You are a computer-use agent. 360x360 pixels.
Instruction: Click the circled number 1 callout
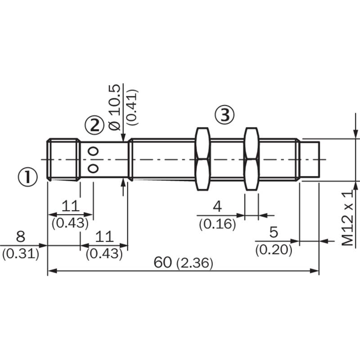pyautogui.click(x=27, y=177)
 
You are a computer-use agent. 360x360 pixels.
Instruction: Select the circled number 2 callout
pyautogui.click(x=94, y=126)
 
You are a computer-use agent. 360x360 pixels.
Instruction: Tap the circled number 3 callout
pyautogui.click(x=225, y=115)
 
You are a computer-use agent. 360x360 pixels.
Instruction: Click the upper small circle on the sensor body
pyautogui.click(x=93, y=151)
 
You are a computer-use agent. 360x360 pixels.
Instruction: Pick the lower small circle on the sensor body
pyautogui.click(x=93, y=168)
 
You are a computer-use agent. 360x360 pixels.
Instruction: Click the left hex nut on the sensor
pyautogui.click(x=202, y=159)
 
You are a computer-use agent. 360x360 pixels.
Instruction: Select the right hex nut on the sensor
pyautogui.click(x=252, y=159)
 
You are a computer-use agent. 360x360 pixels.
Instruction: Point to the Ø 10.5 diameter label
pyautogui.click(x=115, y=108)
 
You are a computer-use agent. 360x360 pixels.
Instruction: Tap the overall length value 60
pyautogui.click(x=163, y=262)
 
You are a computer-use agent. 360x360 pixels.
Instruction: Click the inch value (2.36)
pyautogui.click(x=195, y=263)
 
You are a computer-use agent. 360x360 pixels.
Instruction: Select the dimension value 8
pyautogui.click(x=20, y=237)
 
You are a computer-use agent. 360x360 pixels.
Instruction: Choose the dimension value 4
pyautogui.click(x=217, y=207)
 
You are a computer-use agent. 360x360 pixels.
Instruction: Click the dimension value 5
pyautogui.click(x=274, y=232)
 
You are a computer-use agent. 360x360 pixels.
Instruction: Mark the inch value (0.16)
pyautogui.click(x=217, y=224)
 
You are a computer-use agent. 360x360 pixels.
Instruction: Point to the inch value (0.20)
pyautogui.click(x=274, y=250)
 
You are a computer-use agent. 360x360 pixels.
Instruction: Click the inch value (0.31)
pyautogui.click(x=21, y=254)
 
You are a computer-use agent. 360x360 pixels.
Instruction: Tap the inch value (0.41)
pyautogui.click(x=133, y=107)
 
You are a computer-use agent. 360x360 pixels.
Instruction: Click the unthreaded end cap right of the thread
pyautogui.click(x=310, y=159)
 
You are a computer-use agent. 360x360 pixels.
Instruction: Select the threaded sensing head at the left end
pyautogui.click(x=63, y=160)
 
